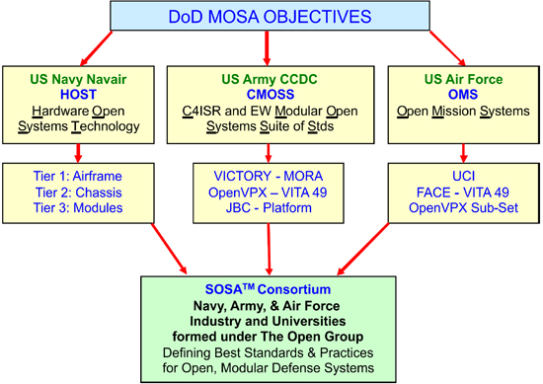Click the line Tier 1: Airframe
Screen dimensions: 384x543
79,175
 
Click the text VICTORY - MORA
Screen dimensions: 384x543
268,175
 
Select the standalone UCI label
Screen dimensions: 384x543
456,175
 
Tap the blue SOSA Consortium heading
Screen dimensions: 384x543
270,292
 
